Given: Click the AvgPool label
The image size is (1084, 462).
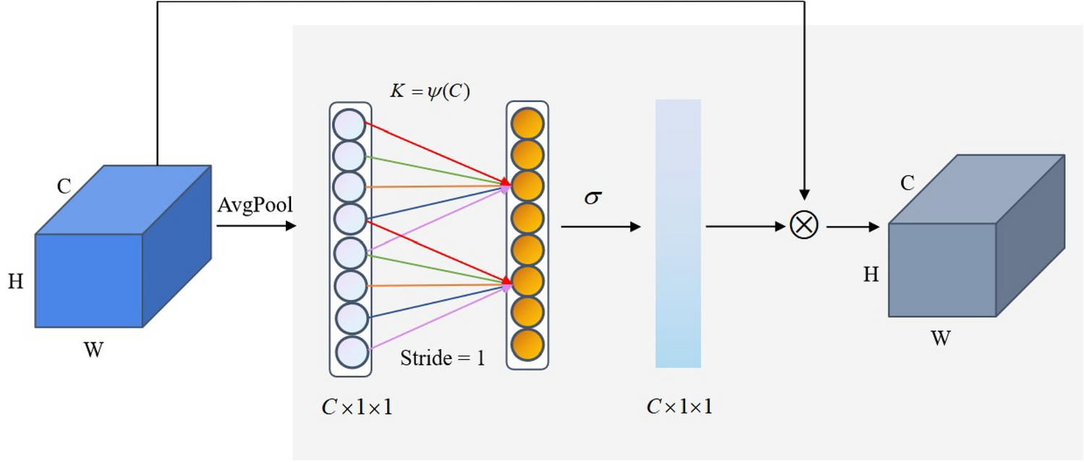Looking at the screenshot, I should (x=255, y=206).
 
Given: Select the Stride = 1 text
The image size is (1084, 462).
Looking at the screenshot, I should (x=442, y=358).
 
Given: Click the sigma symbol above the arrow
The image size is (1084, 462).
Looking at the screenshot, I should (x=593, y=198).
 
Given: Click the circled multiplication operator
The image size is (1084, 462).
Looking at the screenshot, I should (x=804, y=226).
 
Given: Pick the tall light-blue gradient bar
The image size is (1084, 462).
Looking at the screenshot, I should (x=678, y=233).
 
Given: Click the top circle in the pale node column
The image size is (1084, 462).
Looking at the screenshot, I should (x=350, y=124).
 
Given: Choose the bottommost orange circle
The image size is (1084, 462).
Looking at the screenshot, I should (x=526, y=343).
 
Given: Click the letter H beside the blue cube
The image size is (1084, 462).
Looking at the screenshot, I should (x=16, y=282).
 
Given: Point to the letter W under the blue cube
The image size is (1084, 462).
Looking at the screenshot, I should (x=94, y=351).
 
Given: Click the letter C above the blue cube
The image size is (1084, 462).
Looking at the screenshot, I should (x=64, y=187).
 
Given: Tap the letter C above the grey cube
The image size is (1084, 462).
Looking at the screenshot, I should (x=907, y=184).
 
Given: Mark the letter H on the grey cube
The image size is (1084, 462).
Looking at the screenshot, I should (x=871, y=274).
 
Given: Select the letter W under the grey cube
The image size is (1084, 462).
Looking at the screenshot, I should (x=941, y=338).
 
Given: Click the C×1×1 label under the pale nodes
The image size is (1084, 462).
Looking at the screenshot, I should (x=357, y=408).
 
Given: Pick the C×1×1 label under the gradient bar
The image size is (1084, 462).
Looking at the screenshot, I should (x=679, y=407).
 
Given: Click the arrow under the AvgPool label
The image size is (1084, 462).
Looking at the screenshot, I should (x=256, y=225).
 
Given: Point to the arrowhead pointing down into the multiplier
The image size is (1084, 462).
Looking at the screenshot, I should (x=804, y=194).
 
